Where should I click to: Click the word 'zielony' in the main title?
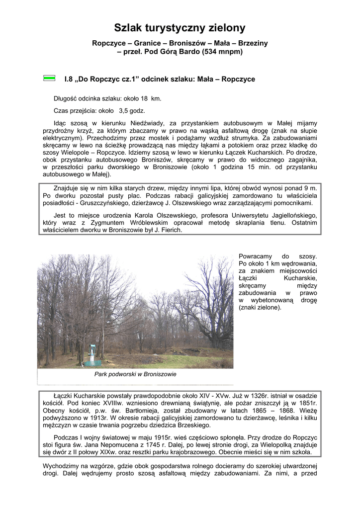tap(219, 28)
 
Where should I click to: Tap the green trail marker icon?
tap(49, 78)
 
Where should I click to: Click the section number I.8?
tap(69, 79)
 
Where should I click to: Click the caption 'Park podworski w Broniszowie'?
tap(135, 374)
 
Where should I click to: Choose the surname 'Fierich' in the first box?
tap(171, 231)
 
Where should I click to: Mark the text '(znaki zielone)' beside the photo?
tap(260, 307)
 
